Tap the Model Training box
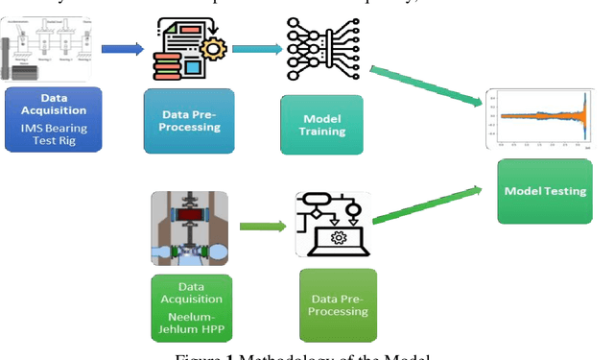tap(321, 125)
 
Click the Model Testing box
tap(544, 191)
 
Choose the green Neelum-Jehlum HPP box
tap(191, 306)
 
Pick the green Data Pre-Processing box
tap(338, 305)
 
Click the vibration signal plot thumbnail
tap(541, 118)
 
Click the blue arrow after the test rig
tap(121, 48)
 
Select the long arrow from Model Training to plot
tap(426, 84)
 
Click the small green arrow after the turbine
tap(262, 227)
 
